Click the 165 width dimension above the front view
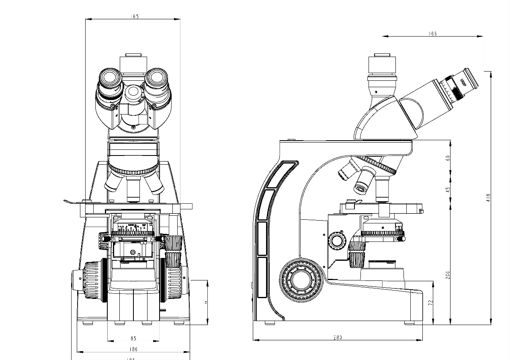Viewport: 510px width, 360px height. (135, 16)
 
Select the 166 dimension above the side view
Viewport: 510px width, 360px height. (432, 34)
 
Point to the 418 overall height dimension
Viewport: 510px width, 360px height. (488, 198)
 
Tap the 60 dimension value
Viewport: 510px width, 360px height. (448, 158)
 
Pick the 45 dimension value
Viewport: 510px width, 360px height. (448, 189)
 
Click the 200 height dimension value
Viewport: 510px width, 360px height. (448, 274)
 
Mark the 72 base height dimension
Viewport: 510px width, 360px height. (430, 302)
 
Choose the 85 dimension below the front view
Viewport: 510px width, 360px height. (133, 338)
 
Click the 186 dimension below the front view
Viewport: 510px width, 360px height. (133, 350)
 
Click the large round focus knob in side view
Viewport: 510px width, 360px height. (300, 280)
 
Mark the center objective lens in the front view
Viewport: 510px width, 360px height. (133, 189)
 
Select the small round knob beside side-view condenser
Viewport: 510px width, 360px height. (336, 240)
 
